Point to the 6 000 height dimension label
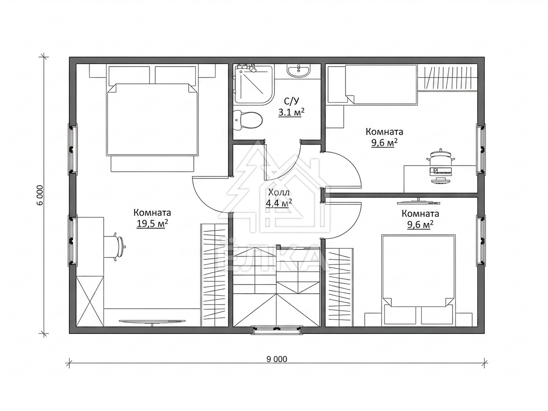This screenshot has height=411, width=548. (40, 195)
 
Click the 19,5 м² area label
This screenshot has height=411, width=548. (152, 223)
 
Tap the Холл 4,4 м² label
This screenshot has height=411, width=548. (279, 198)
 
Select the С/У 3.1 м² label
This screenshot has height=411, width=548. (291, 107)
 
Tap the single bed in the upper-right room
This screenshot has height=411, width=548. (381, 84)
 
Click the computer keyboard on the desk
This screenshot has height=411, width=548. (441, 170)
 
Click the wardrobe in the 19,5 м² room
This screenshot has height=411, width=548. (215, 275)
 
